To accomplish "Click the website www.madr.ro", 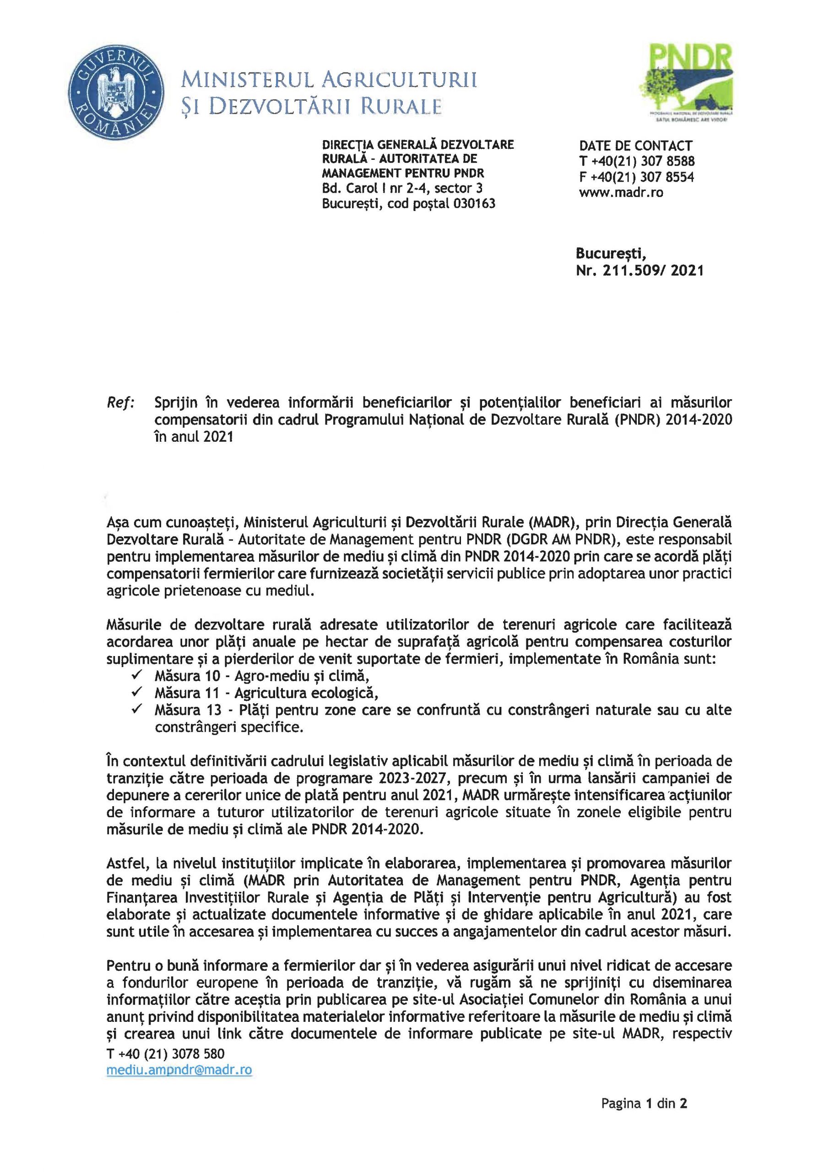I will tap(621, 193).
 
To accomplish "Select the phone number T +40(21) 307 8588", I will tap(637, 161).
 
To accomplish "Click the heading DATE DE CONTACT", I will tap(635, 146).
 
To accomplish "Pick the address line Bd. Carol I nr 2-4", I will tap(376, 188).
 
